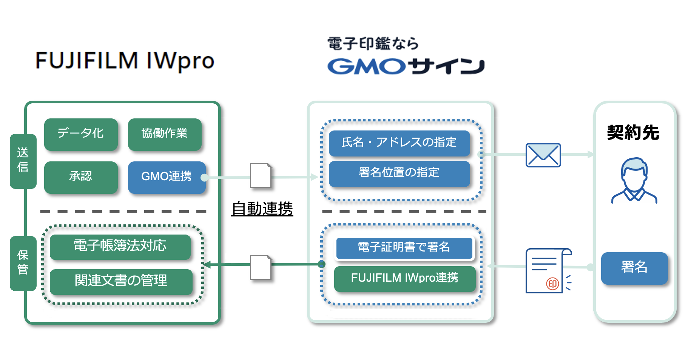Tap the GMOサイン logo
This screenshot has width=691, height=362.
pyautogui.click(x=406, y=66)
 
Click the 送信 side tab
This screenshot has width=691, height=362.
pyautogui.click(x=23, y=161)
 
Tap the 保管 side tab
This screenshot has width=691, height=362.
pyautogui.click(x=23, y=263)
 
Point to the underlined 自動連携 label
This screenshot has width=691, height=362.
pyautogui.click(x=262, y=209)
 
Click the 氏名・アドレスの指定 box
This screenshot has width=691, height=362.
pyautogui.click(x=399, y=143)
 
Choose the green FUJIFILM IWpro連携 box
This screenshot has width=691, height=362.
pyautogui.click(x=404, y=278)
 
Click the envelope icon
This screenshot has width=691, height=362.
pyautogui.click(x=543, y=155)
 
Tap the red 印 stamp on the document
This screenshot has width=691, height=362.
pyautogui.click(x=552, y=284)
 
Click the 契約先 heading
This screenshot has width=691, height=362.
pyautogui.click(x=633, y=133)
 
